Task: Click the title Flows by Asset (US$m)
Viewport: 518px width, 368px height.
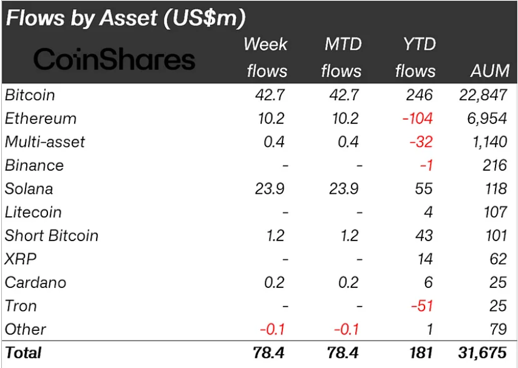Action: click(x=126, y=18)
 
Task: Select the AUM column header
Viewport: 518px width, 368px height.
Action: click(x=489, y=70)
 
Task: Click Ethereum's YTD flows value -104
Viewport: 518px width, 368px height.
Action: click(x=417, y=118)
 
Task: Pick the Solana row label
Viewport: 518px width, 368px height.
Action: click(x=29, y=189)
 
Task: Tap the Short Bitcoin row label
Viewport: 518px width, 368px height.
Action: click(x=51, y=236)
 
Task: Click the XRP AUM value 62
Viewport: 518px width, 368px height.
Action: click(x=498, y=259)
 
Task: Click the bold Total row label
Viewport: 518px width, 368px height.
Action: click(x=24, y=353)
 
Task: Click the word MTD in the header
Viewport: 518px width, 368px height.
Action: click(x=342, y=44)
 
